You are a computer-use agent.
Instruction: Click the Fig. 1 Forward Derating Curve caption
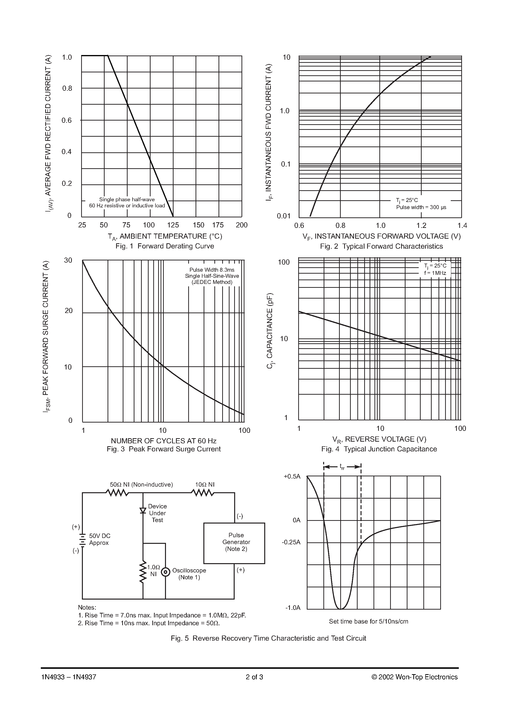point(165,246)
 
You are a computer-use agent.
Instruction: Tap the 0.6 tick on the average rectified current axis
point(67,121)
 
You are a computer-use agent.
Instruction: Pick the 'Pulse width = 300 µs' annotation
point(421,207)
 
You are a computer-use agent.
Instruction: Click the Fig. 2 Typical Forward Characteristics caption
point(381,246)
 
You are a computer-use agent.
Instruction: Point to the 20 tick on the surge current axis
point(68,311)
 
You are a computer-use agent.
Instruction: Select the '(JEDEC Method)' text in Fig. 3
point(212,282)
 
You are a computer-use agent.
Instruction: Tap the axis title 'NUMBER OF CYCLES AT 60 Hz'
point(164,441)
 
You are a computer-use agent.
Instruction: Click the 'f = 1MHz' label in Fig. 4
point(435,273)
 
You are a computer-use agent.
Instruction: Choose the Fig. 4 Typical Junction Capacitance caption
point(379,449)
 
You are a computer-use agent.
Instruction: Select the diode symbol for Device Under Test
point(143,510)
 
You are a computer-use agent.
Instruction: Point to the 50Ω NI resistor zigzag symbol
point(117,493)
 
